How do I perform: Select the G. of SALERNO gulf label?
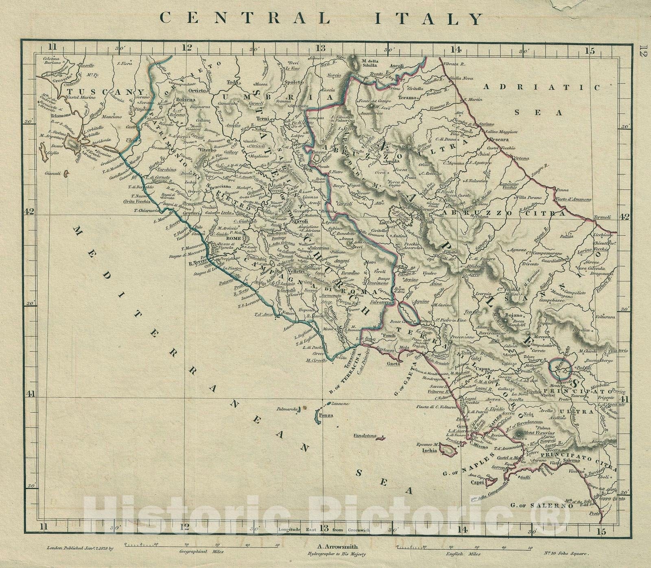[543, 506]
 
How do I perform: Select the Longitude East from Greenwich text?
[324, 529]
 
